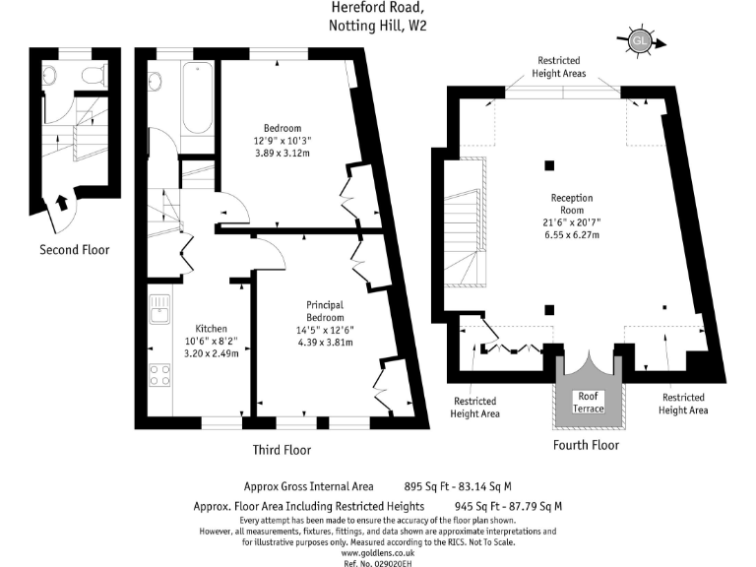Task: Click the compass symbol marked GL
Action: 639,41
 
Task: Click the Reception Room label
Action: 571,204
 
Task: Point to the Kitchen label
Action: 211,329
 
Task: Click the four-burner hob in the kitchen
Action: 159,375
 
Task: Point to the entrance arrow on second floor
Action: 62,203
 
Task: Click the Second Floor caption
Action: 74,250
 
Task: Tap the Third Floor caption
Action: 282,450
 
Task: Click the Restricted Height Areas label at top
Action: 558,66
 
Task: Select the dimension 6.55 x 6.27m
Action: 571,235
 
